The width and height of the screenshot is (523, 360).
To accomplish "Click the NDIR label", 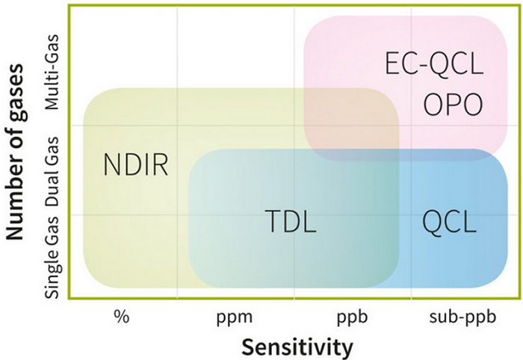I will tap(137, 164).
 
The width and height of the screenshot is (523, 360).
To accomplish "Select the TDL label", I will tap(291, 221).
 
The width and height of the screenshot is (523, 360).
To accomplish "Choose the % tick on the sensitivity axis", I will tap(120, 316).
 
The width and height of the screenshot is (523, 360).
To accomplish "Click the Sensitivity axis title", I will tap(296, 347).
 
